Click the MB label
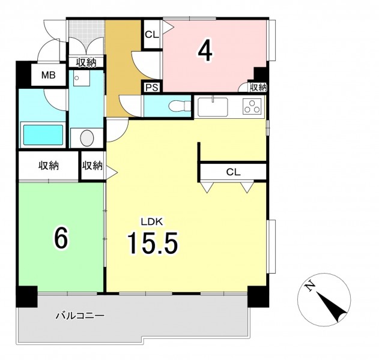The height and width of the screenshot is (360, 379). pyautogui.click(x=48, y=76)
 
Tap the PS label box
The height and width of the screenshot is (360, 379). pyautogui.click(x=152, y=87)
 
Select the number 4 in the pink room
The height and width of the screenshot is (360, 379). pyautogui.click(x=205, y=53)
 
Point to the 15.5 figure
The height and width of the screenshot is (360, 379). pyautogui.click(x=153, y=242)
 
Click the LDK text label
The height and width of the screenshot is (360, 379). pyautogui.click(x=152, y=221)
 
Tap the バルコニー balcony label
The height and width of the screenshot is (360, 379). pyautogui.click(x=80, y=316)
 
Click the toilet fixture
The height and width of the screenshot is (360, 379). pyautogui.click(x=180, y=106)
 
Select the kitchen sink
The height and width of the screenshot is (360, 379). pyautogui.click(x=213, y=107)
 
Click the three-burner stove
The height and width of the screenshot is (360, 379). pyautogui.click(x=252, y=106)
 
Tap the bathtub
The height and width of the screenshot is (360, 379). pyautogui.click(x=43, y=135)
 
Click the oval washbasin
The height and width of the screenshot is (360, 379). pyautogui.click(x=87, y=138)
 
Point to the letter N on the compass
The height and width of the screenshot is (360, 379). pyautogui.click(x=310, y=287)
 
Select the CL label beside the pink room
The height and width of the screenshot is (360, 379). pyautogui.click(x=152, y=35)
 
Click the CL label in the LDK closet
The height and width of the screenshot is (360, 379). pyautogui.click(x=233, y=172)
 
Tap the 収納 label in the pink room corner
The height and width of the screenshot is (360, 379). pyautogui.click(x=258, y=88)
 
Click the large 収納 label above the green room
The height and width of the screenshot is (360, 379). pyautogui.click(x=49, y=166)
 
